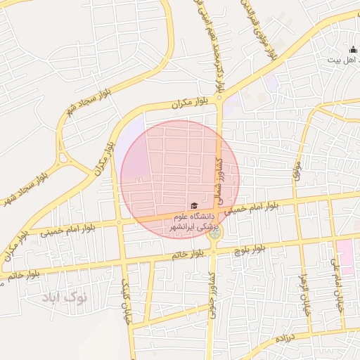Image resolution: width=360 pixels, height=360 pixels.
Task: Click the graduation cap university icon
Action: pos(193,205)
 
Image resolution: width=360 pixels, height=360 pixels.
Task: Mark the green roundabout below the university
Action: pos(215,232)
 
